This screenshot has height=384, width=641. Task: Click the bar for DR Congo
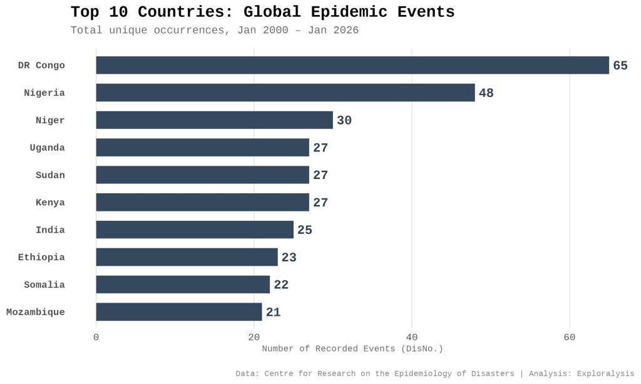pos(352,65)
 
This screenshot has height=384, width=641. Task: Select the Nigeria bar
pos(285,93)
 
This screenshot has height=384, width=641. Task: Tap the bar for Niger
pos(214,120)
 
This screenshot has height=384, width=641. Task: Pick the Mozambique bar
pos(179,312)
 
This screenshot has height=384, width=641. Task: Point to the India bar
pos(195,230)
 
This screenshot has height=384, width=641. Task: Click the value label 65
pos(620,66)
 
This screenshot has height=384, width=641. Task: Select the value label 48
pos(486,93)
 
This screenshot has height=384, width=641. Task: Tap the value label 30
pos(344,121)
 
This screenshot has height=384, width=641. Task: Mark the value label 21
pos(273,313)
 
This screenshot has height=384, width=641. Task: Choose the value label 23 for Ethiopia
pos(289,258)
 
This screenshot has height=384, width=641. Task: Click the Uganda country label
pos(47,148)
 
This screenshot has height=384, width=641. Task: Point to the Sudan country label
pos(50,175)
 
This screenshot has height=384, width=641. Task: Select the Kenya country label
pos(50,203)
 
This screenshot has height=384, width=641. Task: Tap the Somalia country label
pos(44,285)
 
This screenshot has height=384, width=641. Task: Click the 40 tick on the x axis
pos(412,337)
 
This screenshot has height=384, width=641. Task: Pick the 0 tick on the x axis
pos(96,337)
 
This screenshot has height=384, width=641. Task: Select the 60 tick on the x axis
pos(570,337)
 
